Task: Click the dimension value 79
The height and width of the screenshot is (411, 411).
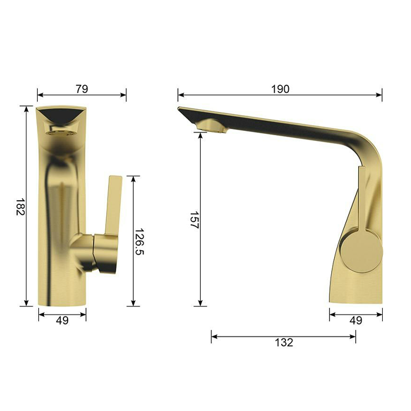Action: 82,89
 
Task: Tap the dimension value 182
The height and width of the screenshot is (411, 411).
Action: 20,207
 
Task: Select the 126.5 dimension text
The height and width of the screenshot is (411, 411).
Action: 139,241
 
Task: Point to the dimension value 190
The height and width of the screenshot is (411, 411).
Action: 280,89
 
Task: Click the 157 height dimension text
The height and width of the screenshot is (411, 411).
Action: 194,220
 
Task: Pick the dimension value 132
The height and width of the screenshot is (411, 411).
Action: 284,342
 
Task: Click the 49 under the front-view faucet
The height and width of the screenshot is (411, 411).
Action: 62,321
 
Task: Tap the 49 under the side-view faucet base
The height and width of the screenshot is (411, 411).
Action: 356,321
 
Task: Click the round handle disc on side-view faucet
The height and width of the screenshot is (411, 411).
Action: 361,251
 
